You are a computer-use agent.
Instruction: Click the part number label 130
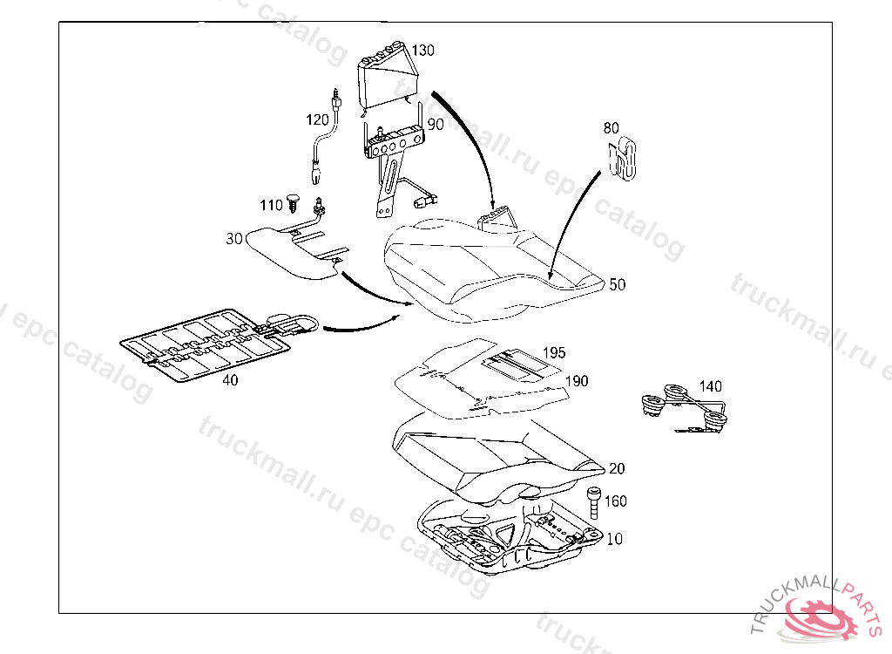(x=422, y=51)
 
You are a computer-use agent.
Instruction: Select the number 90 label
(x=436, y=125)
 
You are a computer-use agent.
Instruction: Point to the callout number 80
(x=612, y=128)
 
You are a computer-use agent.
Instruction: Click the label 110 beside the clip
(x=271, y=206)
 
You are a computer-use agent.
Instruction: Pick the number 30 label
(x=234, y=238)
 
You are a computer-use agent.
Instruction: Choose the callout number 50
(x=617, y=284)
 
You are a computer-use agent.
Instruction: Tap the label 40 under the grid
(x=230, y=380)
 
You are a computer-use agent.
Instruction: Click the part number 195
(x=554, y=352)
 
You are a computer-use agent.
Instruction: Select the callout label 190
(x=577, y=381)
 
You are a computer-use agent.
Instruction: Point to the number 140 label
(x=711, y=386)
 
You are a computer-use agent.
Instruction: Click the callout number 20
(x=617, y=468)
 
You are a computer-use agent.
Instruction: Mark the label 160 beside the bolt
(x=615, y=501)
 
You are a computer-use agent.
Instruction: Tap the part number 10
(x=615, y=539)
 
